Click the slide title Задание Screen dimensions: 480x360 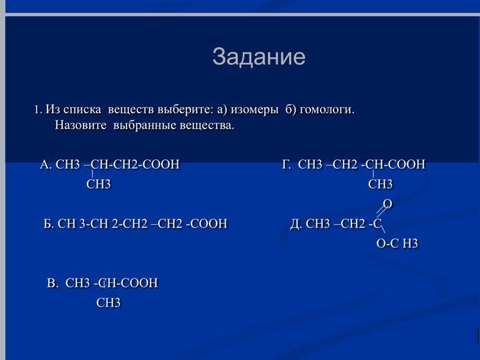[x=259, y=57]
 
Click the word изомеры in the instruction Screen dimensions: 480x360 [x=254, y=110]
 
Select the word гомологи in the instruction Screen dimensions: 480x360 [x=327, y=110]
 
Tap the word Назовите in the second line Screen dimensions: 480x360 [x=81, y=125]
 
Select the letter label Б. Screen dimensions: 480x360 [x=49, y=224]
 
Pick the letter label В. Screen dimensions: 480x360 [x=52, y=283]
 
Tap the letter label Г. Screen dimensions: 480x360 [x=287, y=165]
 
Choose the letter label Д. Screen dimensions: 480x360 [x=296, y=224]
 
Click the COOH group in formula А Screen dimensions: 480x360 [x=161, y=165]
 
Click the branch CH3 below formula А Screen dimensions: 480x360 [x=98, y=184]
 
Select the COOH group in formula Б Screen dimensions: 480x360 [x=209, y=224]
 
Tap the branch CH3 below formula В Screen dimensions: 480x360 [x=109, y=303]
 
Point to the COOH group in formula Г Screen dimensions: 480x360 [x=407, y=165]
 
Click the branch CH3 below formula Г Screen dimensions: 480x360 [x=380, y=184]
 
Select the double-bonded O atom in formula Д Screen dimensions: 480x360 [x=388, y=204]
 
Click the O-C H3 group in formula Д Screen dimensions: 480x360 [x=397, y=244]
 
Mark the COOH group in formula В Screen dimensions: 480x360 [x=139, y=283]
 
